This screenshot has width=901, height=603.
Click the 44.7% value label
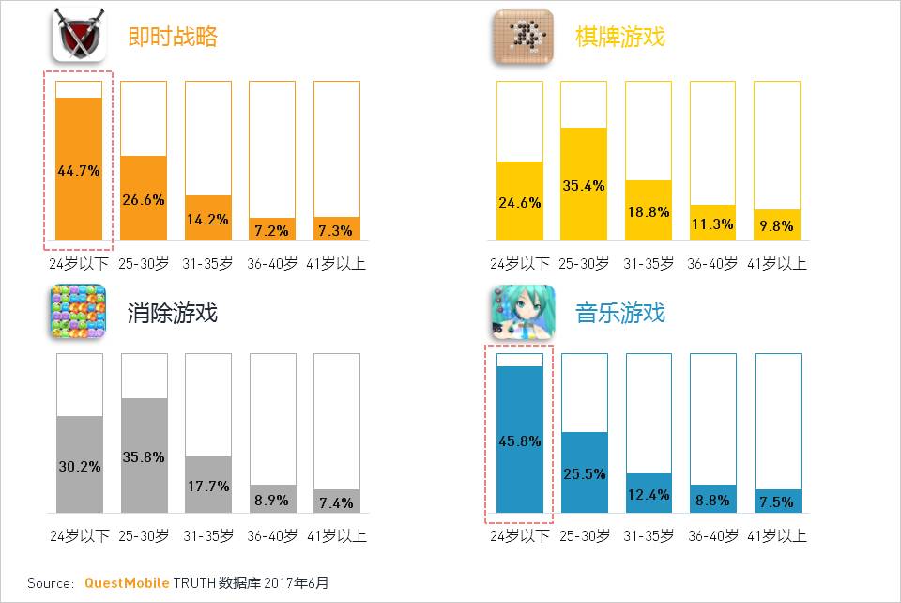(79, 170)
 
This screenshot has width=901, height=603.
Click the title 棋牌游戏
(619, 37)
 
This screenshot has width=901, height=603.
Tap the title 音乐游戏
(619, 313)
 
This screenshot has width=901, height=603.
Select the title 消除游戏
(173, 313)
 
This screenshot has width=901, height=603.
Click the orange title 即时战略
(173, 37)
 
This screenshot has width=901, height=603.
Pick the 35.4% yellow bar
(584, 184)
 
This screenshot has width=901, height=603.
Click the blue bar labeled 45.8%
(520, 440)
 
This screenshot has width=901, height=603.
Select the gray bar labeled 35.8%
(144, 456)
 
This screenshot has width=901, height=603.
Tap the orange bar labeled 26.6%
(144, 198)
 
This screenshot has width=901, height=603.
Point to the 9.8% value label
(777, 225)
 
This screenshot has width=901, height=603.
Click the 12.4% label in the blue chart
(649, 495)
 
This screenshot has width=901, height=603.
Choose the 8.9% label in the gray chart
(272, 501)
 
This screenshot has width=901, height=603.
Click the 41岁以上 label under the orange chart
(336, 264)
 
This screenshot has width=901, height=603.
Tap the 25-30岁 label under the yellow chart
(584, 264)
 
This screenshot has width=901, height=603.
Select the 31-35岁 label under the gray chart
(207, 536)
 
